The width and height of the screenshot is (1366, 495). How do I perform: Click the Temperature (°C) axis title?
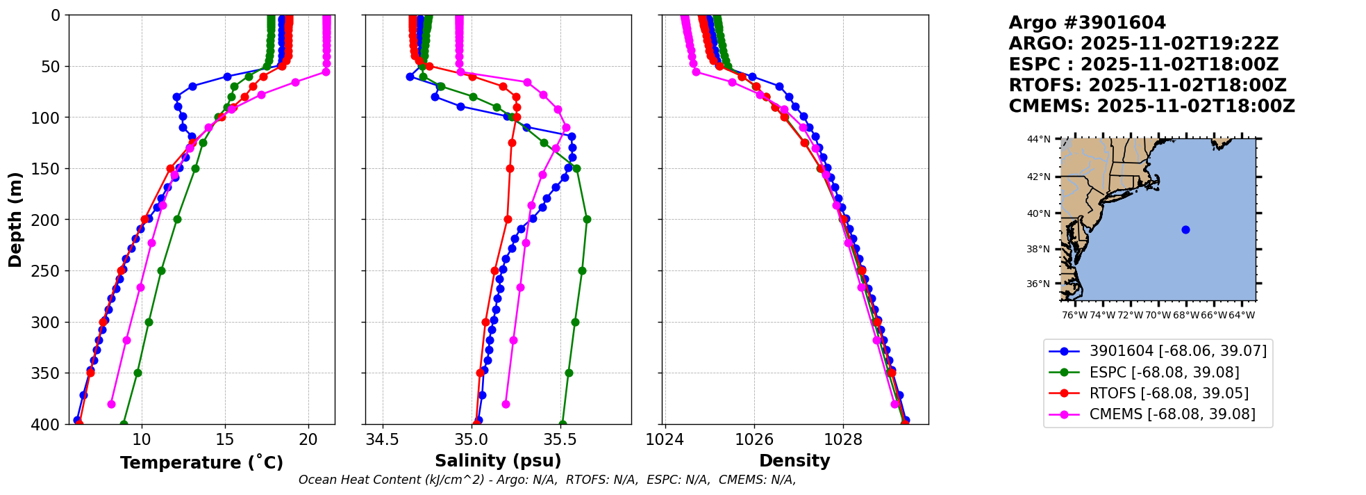tap(201, 462)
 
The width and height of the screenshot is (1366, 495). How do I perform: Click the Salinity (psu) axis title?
tap(498, 461)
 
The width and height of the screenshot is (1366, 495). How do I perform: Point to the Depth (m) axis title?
tap(15, 220)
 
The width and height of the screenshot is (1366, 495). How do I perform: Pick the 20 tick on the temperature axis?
tap(308, 439)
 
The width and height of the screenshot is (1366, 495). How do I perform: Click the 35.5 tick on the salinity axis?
tap(560, 439)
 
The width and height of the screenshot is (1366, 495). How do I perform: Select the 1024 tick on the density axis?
tap(665, 439)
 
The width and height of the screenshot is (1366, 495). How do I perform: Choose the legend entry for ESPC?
tap(1164, 373)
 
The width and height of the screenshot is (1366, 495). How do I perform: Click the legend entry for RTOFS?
tap(1169, 393)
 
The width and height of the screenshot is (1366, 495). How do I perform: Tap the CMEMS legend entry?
tap(1172, 414)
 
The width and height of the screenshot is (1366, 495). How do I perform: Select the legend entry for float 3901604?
tap(1178, 351)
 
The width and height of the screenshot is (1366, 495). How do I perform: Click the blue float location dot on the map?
tap(1185, 229)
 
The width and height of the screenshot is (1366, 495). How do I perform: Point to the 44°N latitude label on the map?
tap(1039, 139)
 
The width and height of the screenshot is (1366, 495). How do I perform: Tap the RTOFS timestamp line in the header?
tap(1147, 86)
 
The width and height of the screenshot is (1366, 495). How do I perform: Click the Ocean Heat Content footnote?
tap(547, 480)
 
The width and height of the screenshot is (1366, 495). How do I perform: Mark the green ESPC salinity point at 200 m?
tap(587, 219)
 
